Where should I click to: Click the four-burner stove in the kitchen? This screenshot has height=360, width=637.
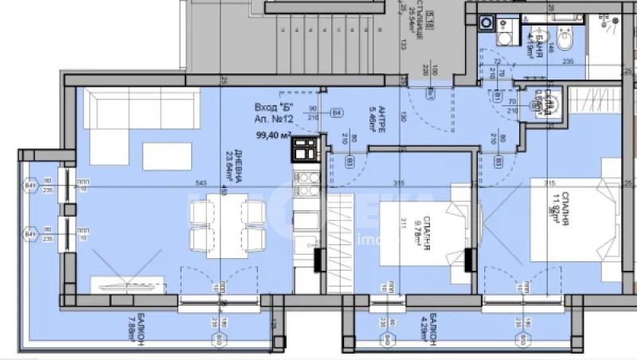(x=304, y=149)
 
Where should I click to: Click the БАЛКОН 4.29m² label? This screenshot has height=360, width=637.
(x=424, y=330)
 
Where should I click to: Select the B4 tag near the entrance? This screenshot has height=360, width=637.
(x=337, y=113)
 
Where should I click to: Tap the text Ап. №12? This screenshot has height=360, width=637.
(x=272, y=119)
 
